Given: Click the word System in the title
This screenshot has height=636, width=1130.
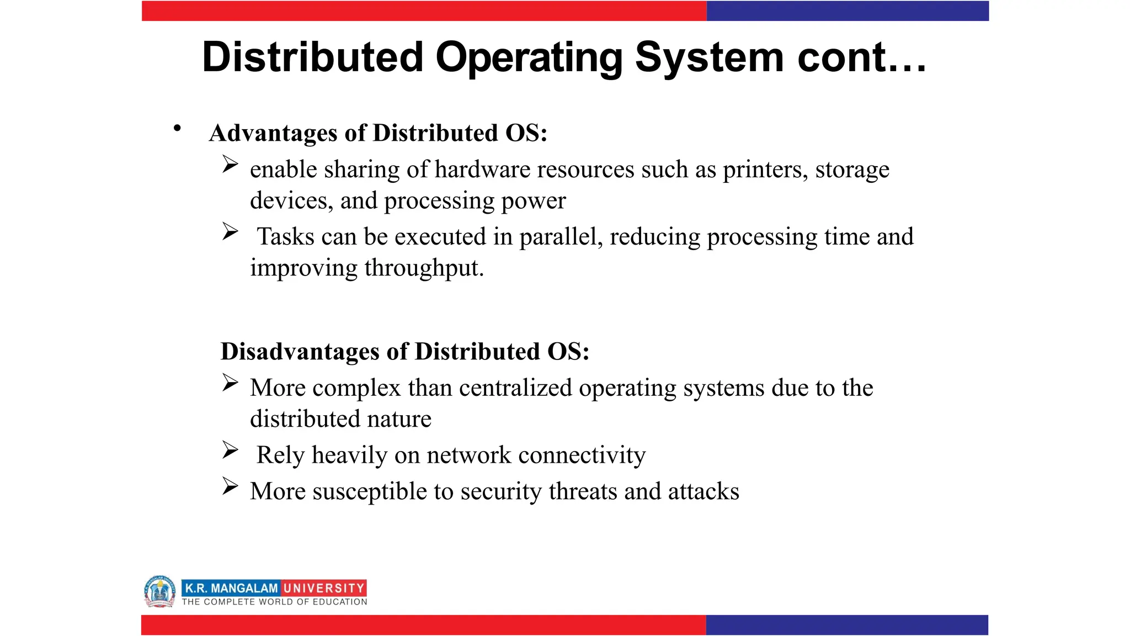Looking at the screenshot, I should [709, 57].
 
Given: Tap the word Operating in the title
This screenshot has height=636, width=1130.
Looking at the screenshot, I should [529, 57].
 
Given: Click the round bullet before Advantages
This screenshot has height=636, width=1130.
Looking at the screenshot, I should [177, 129].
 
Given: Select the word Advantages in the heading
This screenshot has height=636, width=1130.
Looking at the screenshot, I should [273, 133].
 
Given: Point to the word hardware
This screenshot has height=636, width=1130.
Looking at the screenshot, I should [482, 169].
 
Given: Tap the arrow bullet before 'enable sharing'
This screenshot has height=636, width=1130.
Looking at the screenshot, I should [230, 164].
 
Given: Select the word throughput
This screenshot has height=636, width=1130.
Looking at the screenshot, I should [424, 268].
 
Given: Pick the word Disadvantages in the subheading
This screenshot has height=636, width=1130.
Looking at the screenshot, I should [300, 352].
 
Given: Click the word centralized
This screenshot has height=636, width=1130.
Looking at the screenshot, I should [515, 388].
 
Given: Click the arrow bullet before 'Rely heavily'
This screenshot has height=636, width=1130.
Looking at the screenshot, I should [230, 450].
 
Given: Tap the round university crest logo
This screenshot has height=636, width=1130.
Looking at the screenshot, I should [160, 591].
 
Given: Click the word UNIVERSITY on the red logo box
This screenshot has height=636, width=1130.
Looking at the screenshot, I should [324, 588].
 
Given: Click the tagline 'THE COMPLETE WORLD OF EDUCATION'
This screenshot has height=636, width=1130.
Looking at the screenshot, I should [274, 602].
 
